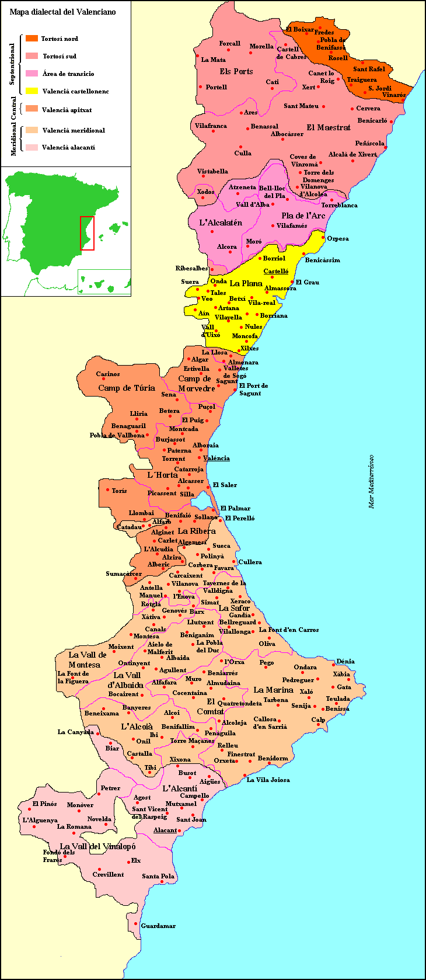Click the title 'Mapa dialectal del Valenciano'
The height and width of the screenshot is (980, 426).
pos(62,12)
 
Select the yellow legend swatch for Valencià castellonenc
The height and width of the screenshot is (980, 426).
pos(32,91)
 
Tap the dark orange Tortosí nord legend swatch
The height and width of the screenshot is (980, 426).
pos(32,39)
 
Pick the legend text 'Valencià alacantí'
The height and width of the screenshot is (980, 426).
pos(68,148)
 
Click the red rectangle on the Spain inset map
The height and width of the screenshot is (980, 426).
pos(87,233)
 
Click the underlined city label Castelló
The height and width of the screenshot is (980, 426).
pos(276,271)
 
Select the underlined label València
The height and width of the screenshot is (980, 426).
pos(216,458)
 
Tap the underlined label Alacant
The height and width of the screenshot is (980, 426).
pos(165,830)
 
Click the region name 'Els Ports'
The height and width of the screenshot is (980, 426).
pos(236,71)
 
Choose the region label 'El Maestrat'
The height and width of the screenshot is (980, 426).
pos(329,127)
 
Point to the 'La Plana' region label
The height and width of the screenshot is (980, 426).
pos(246,283)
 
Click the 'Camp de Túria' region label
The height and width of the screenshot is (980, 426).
pos(127,388)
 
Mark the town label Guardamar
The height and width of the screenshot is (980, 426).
pos(158,926)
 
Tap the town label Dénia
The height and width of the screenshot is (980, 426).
pos(345,661)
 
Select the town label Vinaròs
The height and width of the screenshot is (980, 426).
pos(394,95)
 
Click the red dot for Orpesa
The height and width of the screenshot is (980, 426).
pos(323,237)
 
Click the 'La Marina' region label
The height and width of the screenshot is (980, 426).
pos(273,690)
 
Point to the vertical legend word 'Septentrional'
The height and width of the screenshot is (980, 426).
pos(12,64)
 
